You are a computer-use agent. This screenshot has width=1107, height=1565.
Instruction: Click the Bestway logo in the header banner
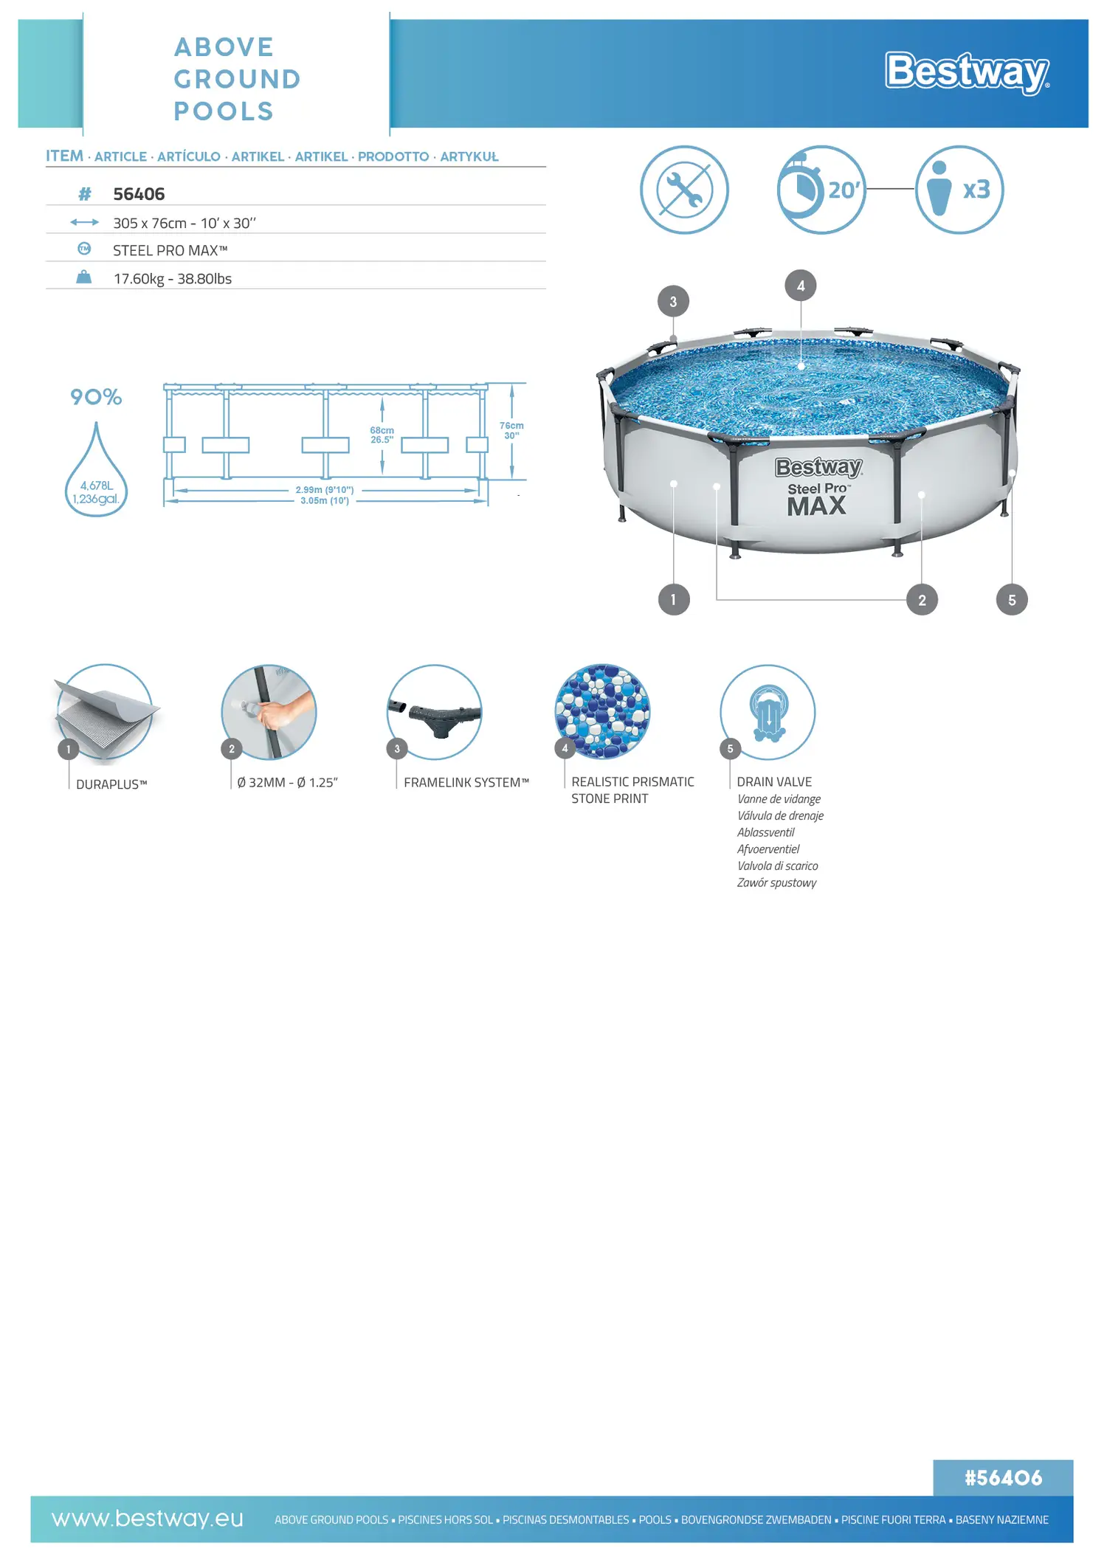pos(968,72)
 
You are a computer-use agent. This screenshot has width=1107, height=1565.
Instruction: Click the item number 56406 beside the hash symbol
pos(139,194)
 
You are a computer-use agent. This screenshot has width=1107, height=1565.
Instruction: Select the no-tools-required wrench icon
pos(684,190)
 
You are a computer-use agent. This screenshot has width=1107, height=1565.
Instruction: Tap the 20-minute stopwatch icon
pos(821,190)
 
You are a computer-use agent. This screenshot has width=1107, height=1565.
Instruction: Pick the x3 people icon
pos(959,190)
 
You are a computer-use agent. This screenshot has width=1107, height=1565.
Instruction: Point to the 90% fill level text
pos(96,397)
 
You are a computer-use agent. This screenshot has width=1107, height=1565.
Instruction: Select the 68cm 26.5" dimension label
pos(382,435)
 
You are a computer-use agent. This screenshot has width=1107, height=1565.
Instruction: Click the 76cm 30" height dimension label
pos(511,431)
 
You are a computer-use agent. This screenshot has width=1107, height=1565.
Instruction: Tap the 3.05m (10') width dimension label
pos(325,501)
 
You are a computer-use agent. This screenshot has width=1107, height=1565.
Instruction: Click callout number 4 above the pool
pos(801,286)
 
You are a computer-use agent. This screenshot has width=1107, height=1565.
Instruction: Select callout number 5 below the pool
pos(1012,600)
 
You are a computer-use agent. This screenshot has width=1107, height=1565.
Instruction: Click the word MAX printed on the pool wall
pos(816,507)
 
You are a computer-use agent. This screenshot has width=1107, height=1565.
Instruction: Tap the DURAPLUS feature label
pos(111,784)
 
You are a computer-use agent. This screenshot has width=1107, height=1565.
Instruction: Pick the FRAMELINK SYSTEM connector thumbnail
pos(435,712)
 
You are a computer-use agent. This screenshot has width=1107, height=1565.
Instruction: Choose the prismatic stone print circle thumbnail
pos(602,712)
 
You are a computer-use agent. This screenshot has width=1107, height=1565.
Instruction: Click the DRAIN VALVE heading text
pos(774,782)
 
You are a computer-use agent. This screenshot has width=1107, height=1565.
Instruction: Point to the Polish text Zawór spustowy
pos(776,883)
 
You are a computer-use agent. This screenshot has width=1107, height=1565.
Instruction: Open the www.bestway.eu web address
pos(147,1519)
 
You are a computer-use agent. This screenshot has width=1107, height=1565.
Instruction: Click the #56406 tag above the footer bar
pos(1003,1478)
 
